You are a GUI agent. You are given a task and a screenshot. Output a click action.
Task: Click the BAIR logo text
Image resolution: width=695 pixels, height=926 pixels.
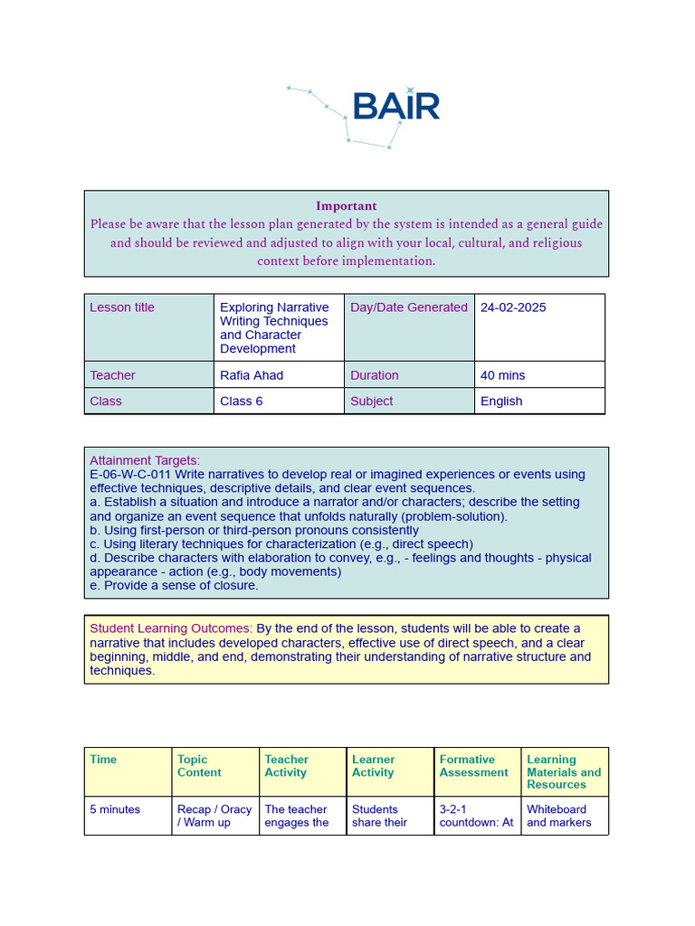tap(395, 106)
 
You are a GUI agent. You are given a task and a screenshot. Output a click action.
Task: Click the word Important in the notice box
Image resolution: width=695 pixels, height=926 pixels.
tap(346, 206)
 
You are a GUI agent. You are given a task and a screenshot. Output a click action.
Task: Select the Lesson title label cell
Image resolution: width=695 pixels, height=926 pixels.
tap(122, 307)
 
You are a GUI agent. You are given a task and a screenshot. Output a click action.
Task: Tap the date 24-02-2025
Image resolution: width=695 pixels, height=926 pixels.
tap(513, 307)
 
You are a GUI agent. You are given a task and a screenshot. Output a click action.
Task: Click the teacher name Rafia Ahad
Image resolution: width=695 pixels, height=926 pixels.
tap(252, 375)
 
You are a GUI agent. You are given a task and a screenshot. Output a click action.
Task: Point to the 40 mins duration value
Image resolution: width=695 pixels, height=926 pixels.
tap(502, 375)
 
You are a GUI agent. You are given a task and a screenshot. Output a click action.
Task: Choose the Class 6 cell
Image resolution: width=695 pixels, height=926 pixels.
tap(242, 402)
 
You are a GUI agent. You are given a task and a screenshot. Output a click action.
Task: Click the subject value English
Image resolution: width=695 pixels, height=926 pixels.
tap(501, 402)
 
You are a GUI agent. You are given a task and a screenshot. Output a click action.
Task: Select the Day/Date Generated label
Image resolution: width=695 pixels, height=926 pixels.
tap(409, 307)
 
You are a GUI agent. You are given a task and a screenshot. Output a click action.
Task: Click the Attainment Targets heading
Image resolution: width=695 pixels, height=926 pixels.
tap(145, 460)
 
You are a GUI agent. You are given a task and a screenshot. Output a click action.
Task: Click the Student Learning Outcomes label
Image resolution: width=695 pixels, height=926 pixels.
tap(171, 628)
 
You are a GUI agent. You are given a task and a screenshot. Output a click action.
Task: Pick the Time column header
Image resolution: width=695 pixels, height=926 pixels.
tap(103, 760)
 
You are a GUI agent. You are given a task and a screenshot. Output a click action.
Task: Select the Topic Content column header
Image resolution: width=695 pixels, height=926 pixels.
tap(199, 766)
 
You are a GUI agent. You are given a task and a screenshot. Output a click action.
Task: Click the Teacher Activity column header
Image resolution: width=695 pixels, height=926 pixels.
tap(286, 766)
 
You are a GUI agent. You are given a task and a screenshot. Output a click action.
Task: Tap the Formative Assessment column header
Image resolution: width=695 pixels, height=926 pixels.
tap(473, 766)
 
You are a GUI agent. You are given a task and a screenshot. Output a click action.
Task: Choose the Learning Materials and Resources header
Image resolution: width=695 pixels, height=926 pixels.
tap(563, 772)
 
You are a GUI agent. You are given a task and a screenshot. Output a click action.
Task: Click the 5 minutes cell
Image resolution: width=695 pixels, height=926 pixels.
tap(115, 809)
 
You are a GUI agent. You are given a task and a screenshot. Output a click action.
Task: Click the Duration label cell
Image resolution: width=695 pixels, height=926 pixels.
tap(374, 375)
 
